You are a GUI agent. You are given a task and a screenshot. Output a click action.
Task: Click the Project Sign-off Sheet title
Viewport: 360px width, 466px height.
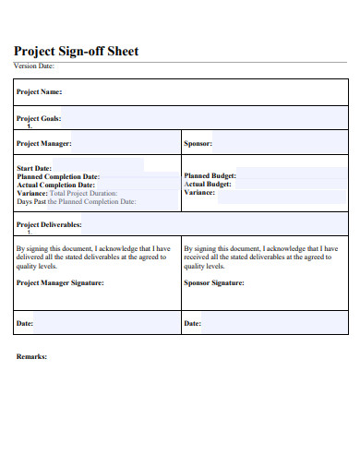coord(76,52)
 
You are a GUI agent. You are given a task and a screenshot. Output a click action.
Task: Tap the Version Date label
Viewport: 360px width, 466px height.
coord(34,66)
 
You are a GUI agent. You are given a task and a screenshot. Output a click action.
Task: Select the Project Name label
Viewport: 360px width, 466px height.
coord(39,92)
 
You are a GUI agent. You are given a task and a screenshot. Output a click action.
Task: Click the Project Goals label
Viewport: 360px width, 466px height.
coord(38,118)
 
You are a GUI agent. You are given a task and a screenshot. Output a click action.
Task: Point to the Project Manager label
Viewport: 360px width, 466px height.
coord(44,144)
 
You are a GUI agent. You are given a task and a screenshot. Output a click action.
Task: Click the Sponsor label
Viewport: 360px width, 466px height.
coord(199,144)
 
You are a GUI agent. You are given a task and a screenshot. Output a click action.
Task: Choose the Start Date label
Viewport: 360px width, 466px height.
coord(34,169)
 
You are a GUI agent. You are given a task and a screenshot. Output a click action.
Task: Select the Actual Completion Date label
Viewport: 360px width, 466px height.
coord(56,185)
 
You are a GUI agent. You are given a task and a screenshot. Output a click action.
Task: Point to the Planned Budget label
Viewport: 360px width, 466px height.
coord(210,175)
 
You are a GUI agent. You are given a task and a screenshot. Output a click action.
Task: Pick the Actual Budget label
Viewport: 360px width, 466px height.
coord(208,184)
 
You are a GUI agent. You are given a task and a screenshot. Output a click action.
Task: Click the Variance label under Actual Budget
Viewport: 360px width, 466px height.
coord(201,192)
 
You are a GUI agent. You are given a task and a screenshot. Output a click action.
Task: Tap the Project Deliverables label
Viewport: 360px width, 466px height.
coord(50,224)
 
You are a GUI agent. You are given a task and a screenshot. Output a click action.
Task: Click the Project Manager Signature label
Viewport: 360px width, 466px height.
coord(61,283)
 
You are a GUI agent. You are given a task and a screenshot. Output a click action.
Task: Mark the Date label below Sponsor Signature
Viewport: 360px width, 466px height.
coord(193,324)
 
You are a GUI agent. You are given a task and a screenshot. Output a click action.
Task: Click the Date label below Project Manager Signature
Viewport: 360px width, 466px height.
coord(26,324)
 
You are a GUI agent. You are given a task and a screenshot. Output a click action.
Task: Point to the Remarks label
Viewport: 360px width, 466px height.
coord(32,356)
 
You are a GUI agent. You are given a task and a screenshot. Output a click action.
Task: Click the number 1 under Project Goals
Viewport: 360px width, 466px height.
coord(30,125)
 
